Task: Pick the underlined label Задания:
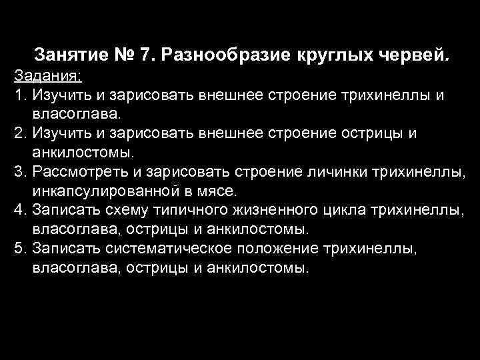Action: click(41, 73)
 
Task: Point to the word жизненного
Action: click(275, 211)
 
